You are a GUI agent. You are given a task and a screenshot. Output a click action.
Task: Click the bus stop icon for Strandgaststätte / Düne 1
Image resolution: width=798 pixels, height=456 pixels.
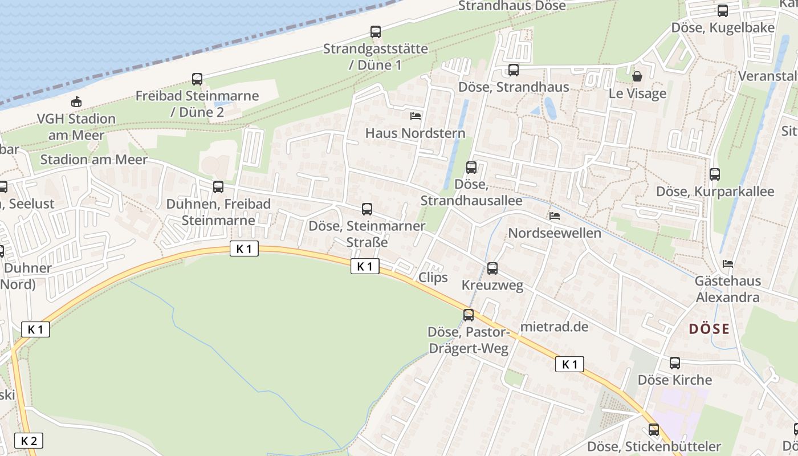[x=375, y=32]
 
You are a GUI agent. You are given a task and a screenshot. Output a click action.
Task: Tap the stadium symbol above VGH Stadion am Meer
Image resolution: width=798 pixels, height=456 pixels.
[x=76, y=102]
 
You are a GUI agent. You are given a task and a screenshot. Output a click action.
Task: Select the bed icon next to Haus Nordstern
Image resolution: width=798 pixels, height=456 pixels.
[x=416, y=116]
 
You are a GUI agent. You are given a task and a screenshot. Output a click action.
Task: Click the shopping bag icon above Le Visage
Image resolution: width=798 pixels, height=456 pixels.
[x=637, y=76]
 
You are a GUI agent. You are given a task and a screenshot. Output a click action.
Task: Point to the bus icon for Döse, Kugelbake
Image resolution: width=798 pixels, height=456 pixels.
[x=722, y=10]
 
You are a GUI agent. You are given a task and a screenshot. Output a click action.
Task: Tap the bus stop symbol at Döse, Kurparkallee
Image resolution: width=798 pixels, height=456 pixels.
[x=714, y=174]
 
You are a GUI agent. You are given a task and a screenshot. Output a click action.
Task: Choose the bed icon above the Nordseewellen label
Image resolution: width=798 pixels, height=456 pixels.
[x=554, y=216]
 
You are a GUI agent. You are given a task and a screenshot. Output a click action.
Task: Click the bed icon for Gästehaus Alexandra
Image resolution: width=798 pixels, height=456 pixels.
[x=728, y=264]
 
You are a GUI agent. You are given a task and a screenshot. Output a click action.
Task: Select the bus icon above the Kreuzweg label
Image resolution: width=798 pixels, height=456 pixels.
[x=492, y=268]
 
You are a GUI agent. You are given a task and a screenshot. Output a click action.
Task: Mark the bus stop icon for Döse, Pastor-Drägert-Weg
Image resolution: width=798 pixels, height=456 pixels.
[x=468, y=315]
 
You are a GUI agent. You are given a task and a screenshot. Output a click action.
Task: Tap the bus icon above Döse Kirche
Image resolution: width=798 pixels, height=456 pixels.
[x=675, y=363]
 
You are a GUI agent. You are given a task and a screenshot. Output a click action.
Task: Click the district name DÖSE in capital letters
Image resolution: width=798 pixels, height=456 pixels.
[x=709, y=329]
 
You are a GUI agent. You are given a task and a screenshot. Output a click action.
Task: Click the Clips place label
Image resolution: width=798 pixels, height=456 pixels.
[x=433, y=278]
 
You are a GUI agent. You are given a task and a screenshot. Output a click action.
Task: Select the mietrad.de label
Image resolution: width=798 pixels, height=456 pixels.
[x=554, y=327]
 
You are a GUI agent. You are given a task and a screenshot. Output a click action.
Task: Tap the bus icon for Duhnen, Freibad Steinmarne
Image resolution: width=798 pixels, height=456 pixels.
[x=218, y=186]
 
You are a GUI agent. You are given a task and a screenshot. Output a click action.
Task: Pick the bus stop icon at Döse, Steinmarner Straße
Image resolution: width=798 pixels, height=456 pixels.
[x=367, y=209]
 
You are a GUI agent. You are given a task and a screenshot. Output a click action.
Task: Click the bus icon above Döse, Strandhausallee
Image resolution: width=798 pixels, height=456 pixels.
[x=471, y=168]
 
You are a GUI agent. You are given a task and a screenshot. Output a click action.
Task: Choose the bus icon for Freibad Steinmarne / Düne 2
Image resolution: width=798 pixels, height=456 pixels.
[x=197, y=79]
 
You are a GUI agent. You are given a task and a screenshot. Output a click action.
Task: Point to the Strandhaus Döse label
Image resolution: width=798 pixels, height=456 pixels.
[x=512, y=6]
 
